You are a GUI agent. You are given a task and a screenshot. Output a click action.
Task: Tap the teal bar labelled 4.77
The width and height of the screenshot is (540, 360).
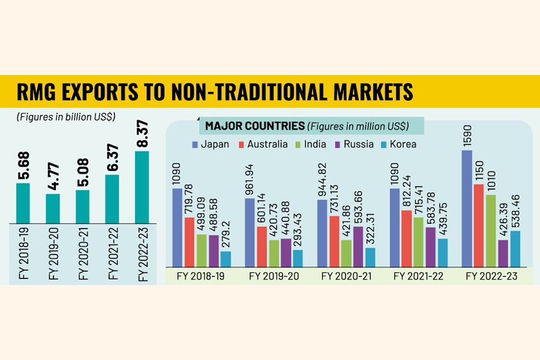click(x=53, y=207)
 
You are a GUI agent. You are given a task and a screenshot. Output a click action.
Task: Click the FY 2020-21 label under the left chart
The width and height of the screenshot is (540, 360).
click(x=83, y=251)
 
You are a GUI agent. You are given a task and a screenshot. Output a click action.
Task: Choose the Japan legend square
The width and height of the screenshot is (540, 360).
click(x=195, y=144)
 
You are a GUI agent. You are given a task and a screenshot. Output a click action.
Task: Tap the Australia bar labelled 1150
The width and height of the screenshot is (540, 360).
click(x=479, y=225)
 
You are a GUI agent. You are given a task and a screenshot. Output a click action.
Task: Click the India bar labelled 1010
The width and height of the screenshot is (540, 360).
click(x=491, y=230)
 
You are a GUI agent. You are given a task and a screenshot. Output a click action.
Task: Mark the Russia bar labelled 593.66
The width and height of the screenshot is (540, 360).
click(x=358, y=246)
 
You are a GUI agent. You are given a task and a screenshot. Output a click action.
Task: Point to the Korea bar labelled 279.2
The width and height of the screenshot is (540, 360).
click(x=226, y=259)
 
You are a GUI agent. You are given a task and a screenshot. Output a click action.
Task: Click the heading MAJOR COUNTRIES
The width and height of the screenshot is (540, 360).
click(x=254, y=126)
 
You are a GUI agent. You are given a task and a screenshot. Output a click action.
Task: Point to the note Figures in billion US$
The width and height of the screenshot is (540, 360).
click(x=67, y=116)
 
